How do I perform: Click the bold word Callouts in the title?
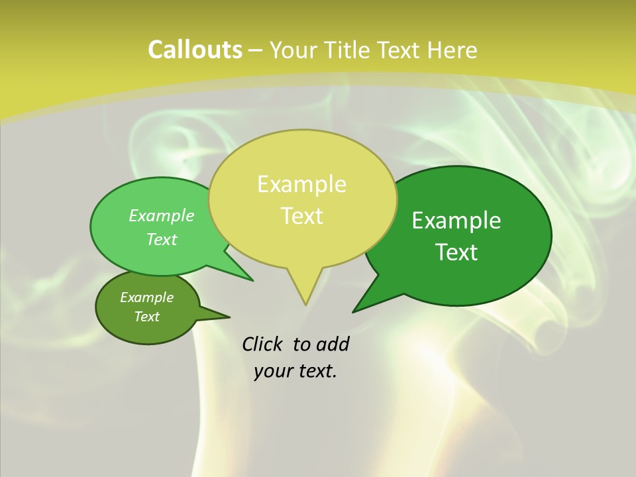click(x=195, y=50)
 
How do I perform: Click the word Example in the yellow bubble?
click(x=301, y=184)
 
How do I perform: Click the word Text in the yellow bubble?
click(x=301, y=216)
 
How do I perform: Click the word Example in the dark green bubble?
click(x=456, y=221)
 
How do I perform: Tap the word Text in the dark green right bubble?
click(x=456, y=252)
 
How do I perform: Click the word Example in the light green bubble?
click(x=162, y=215)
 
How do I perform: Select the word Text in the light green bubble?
click(x=162, y=239)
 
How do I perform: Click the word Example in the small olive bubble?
click(x=146, y=297)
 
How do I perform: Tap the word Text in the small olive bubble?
click(x=146, y=317)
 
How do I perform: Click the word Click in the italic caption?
click(x=263, y=344)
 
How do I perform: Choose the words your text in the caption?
click(x=295, y=371)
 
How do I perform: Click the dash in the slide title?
click(x=256, y=50)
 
